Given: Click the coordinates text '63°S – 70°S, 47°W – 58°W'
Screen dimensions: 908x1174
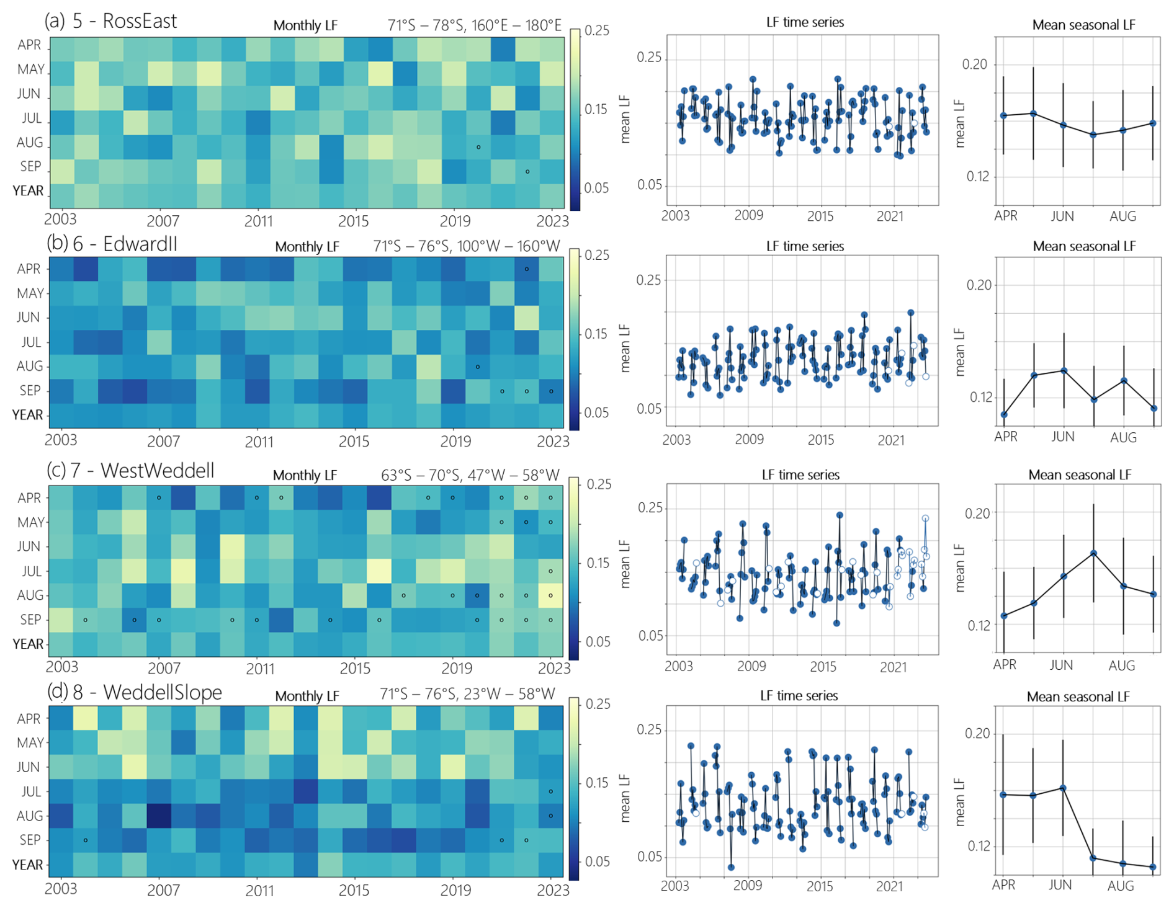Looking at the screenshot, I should pos(470,475).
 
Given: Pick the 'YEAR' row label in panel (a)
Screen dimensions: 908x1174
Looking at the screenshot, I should pos(29,191).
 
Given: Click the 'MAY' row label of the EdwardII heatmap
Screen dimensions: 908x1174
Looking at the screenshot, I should pos(30,293).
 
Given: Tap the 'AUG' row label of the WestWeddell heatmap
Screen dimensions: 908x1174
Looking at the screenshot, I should pos(30,595).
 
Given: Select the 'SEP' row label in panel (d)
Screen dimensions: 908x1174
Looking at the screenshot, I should pos(30,840).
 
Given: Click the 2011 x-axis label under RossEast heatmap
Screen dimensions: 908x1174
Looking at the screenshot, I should pos(258,221).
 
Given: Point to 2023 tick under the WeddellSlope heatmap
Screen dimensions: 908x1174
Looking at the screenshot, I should pos(552,890).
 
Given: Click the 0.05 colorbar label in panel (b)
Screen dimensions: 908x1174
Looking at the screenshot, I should pos(598,412).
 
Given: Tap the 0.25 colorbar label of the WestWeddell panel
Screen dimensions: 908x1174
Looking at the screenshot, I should pos(599,484).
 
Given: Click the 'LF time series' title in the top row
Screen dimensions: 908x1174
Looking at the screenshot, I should pos(805,22).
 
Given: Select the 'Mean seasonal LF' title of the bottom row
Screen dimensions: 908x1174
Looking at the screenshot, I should pos(1078,697).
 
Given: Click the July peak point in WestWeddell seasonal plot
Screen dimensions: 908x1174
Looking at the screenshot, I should pos(1093,553).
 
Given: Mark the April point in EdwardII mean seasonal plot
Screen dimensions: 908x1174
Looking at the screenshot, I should pos(1004,414).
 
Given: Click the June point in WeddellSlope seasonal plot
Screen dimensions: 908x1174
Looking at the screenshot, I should pos(1063,788).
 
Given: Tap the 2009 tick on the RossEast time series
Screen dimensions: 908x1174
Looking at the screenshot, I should pos(749,216).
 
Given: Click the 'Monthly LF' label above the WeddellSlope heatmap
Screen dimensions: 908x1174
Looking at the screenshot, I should pos(307,696).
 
